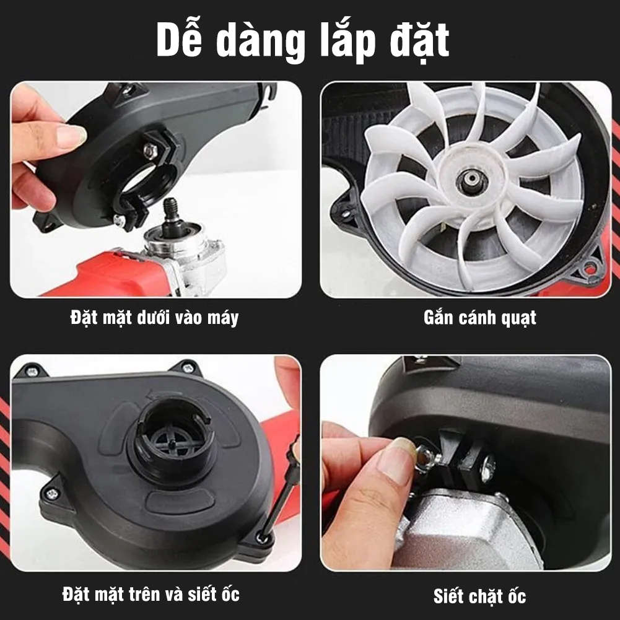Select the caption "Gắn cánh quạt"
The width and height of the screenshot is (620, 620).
coord(479,318)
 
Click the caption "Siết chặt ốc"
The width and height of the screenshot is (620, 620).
coord(479,596)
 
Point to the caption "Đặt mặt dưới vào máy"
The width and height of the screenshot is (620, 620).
coord(154,318)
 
